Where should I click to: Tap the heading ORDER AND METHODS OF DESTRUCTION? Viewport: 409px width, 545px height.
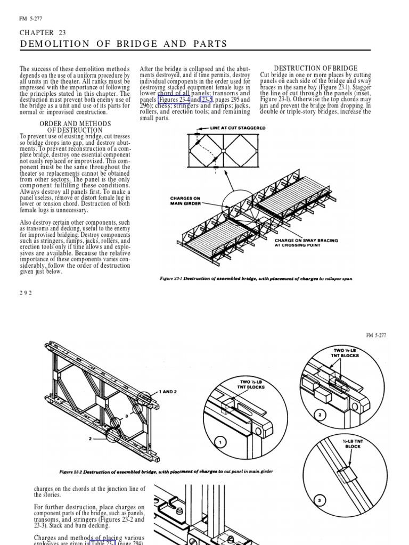75,127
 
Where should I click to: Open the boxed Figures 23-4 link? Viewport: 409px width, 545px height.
174,100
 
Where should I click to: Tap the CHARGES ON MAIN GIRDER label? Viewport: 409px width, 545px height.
185,201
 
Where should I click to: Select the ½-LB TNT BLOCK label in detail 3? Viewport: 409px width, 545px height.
352,443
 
